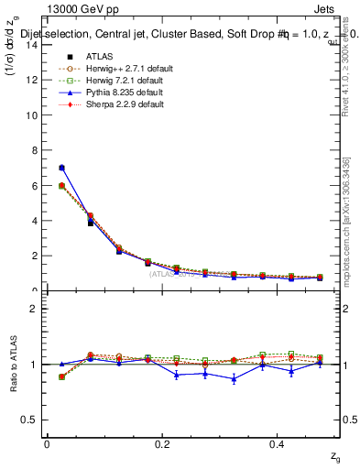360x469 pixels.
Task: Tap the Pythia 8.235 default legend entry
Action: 108,92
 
